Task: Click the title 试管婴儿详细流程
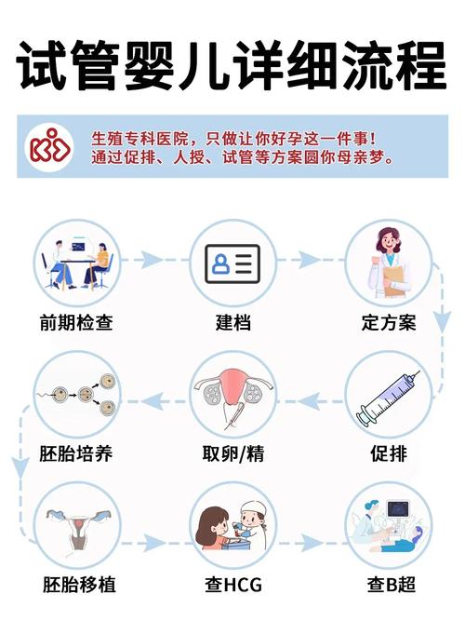tap(232, 65)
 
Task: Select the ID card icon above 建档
tap(232, 263)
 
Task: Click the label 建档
tap(232, 324)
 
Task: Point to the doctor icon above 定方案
tap(388, 263)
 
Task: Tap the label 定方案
tap(388, 324)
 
